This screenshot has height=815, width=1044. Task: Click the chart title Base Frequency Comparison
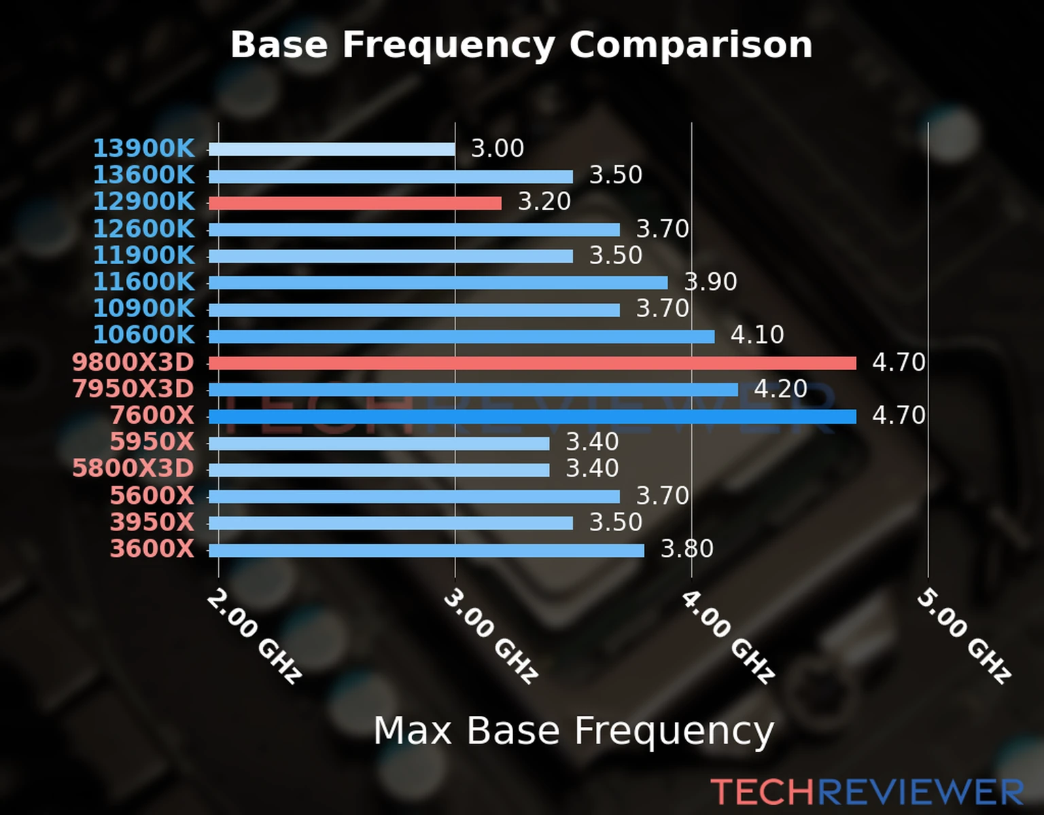pos(521,45)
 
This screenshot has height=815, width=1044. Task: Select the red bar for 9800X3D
pos(532,363)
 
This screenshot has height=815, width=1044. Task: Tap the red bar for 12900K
pos(355,203)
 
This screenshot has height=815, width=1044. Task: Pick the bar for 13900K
pos(332,149)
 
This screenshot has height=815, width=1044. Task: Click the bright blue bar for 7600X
pos(532,416)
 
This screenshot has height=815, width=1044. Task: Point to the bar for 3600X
pos(426,550)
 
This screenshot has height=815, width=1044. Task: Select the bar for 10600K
pos(462,336)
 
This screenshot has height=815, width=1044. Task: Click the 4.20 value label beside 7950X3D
pos(780,389)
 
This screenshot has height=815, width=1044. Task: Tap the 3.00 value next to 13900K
pos(498,149)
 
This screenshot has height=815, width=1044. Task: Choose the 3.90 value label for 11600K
pos(710,282)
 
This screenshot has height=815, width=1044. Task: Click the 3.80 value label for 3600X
pos(687,549)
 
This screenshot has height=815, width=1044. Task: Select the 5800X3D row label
pos(133,469)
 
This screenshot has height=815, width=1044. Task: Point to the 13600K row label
pos(143,175)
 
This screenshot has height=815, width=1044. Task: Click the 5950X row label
pos(152,442)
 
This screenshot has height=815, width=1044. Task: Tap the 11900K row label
pos(143,255)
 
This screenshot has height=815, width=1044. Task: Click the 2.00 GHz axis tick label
pos(254,636)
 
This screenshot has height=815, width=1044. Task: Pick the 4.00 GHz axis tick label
pos(727,636)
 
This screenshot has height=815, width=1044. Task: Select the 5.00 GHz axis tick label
pos(964,636)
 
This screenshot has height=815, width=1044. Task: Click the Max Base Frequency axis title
pos(574,731)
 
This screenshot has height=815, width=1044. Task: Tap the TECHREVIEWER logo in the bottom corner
pos(867,792)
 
